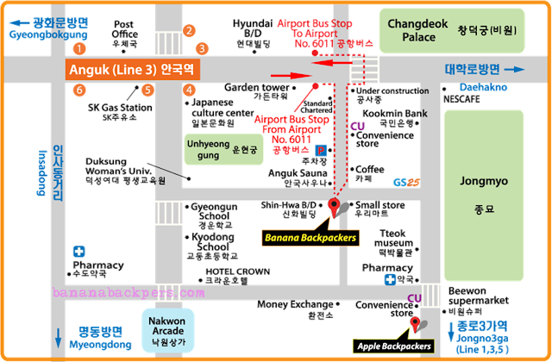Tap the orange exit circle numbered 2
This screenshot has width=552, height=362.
[x=188, y=32]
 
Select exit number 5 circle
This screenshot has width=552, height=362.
[x=147, y=89]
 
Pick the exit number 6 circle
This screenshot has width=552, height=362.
[x=79, y=89]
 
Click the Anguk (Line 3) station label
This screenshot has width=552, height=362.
[x=133, y=69]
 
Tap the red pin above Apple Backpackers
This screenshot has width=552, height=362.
[x=417, y=324]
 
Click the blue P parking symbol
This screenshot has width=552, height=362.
[x=321, y=150]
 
